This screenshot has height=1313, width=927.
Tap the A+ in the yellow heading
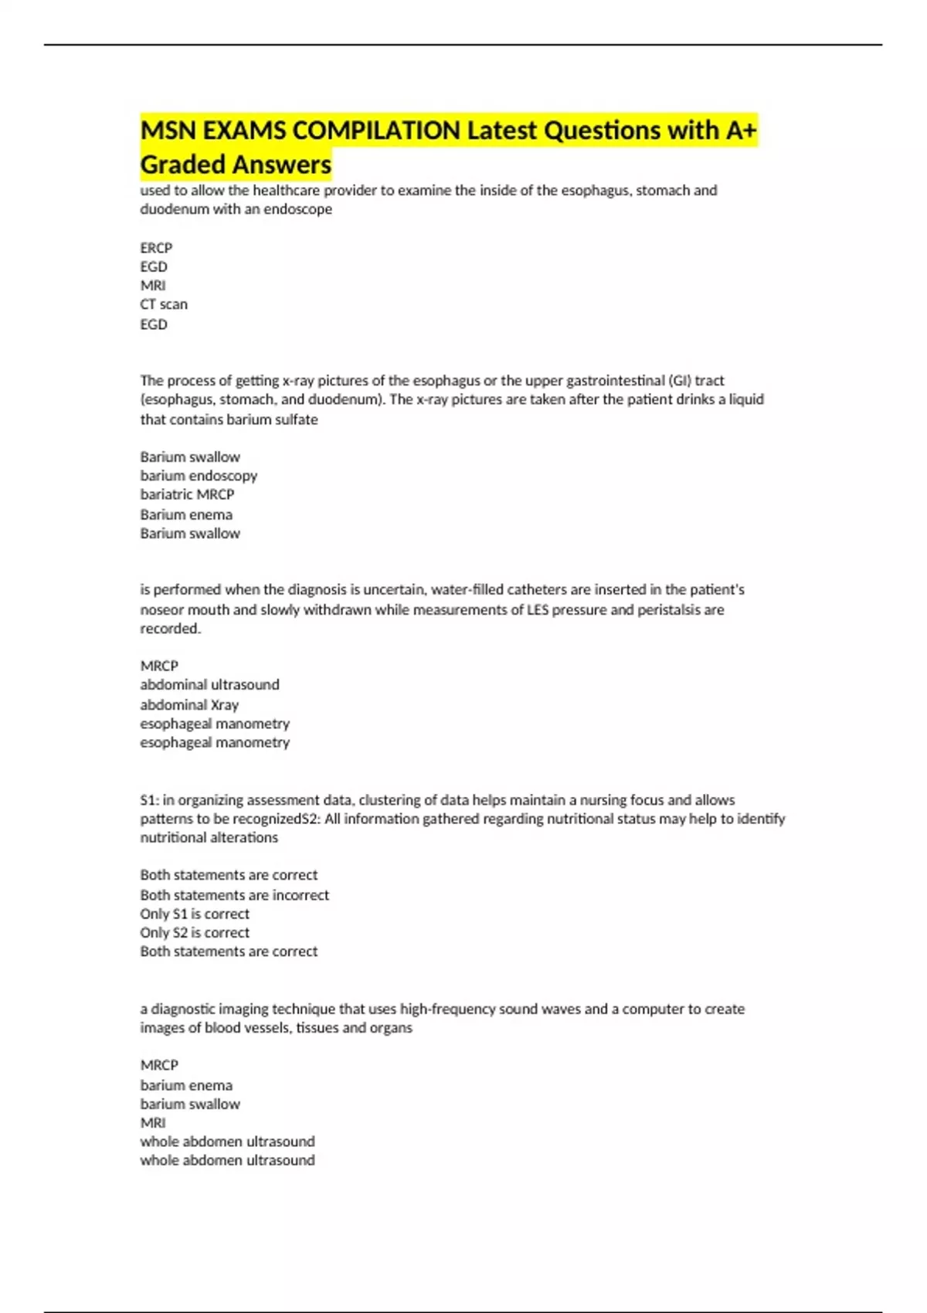point(741,131)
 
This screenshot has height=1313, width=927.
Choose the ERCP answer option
point(156,248)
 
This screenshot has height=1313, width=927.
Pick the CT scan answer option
point(164,304)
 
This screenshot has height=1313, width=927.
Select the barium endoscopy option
point(199,476)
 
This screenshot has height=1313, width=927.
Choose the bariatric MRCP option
point(187,494)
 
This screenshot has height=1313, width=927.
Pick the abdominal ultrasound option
point(209,684)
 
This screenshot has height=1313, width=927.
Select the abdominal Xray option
point(189,704)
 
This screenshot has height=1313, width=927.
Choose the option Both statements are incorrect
point(234,895)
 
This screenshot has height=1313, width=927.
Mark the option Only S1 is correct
point(195,914)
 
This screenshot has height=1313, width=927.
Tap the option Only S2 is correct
point(195,932)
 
